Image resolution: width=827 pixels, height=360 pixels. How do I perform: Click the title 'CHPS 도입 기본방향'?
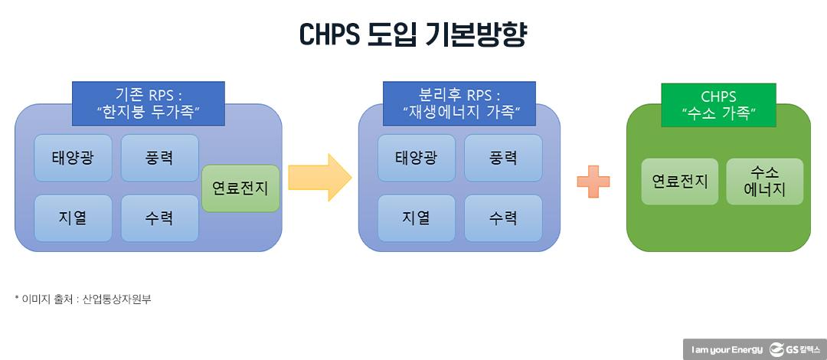(413, 34)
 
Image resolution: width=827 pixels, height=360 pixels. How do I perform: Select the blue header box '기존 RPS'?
(149, 103)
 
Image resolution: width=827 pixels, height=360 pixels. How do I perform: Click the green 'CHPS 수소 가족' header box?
(718, 106)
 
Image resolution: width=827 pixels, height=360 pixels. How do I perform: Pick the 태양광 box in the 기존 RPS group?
(74, 158)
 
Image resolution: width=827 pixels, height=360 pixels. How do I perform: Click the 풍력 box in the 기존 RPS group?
(159, 158)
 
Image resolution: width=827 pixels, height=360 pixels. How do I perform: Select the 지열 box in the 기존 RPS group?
(74, 218)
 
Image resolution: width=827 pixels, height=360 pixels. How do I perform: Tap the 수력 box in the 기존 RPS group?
(159, 218)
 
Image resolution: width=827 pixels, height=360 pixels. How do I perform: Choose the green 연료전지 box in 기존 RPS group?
(240, 188)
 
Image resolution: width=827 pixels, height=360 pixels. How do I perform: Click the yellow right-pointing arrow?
(319, 178)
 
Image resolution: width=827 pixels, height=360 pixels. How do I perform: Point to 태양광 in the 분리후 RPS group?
(417, 158)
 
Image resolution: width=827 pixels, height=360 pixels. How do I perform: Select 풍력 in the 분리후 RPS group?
(503, 158)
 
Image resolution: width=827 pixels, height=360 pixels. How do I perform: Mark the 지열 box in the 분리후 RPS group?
(417, 218)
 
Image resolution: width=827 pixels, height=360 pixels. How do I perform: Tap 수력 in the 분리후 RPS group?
(503, 218)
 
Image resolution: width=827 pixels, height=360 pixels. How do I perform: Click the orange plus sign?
(593, 182)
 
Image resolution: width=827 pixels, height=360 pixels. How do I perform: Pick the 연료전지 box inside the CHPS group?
(680, 182)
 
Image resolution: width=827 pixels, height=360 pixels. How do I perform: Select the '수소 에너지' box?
(764, 182)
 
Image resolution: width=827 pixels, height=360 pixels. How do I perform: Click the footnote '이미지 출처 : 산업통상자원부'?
(83, 299)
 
